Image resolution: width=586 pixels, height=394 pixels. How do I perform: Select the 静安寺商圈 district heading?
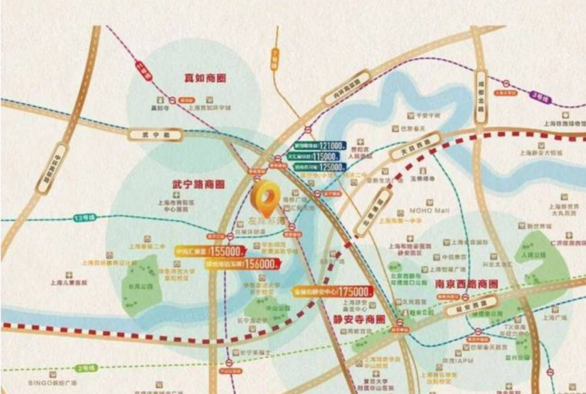pyautogui.click(x=359, y=318)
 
